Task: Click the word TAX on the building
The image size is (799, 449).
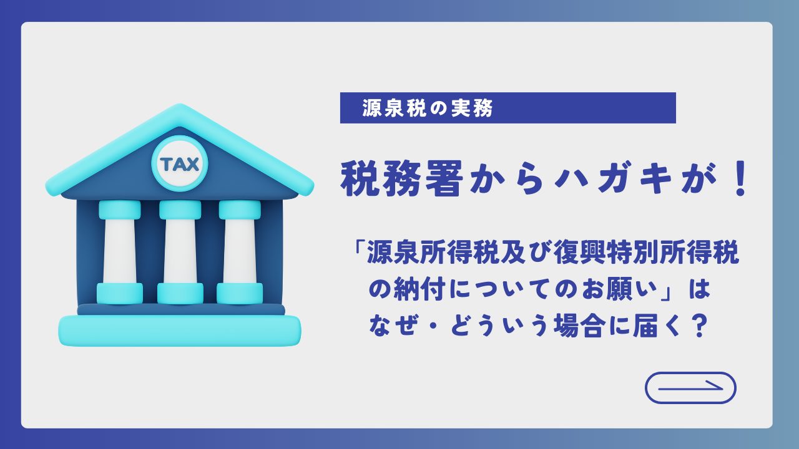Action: click(179, 164)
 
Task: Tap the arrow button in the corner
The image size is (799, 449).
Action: click(690, 388)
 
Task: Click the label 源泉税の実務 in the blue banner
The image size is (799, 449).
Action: click(428, 108)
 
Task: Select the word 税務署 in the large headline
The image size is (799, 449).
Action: click(401, 178)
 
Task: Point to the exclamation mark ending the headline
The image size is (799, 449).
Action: click(741, 178)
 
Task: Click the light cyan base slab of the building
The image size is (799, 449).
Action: click(179, 331)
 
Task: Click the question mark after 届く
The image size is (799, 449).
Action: click(697, 326)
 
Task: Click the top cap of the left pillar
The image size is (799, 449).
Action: click(120, 210)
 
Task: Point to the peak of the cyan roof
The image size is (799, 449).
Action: click(179, 106)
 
